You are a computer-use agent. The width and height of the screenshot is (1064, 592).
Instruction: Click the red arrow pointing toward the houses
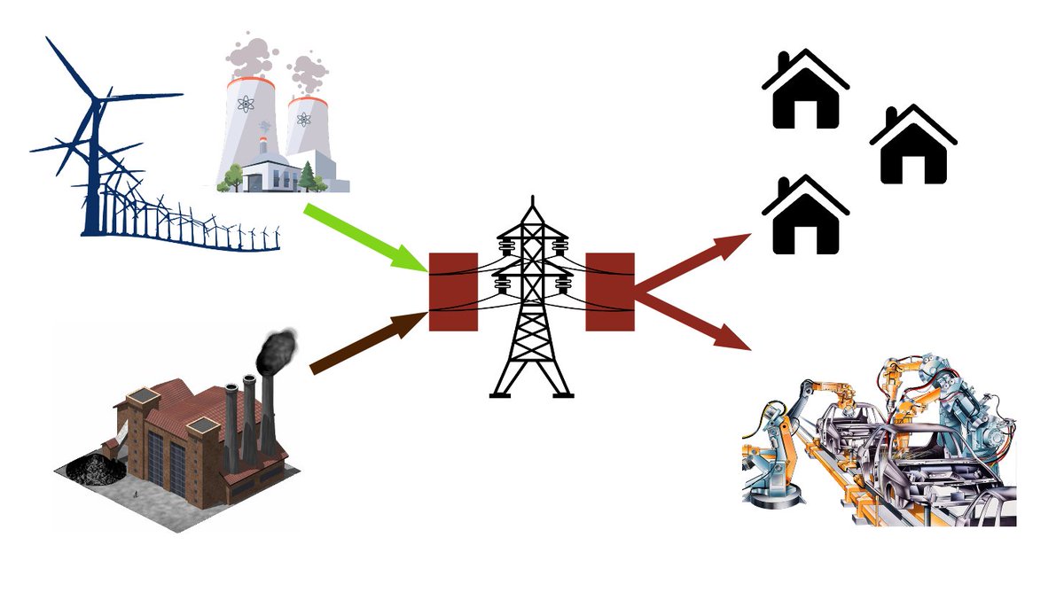tap(692, 265)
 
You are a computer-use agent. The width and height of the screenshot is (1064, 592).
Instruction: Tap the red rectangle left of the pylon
tap(453, 292)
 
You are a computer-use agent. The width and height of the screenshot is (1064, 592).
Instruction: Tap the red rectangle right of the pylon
tap(610, 292)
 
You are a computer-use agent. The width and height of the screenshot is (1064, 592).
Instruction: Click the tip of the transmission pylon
tap(532, 199)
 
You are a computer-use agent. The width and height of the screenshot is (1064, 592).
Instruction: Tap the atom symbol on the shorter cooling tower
tap(304, 120)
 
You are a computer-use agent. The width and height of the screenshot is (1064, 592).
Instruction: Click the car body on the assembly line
tap(887, 452)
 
